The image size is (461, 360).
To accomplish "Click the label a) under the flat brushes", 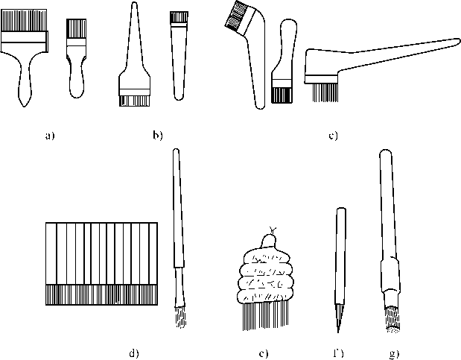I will pyautogui.click(x=50, y=136).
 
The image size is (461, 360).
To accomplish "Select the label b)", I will pyautogui.click(x=156, y=135).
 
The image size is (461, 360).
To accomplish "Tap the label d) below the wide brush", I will pyautogui.click(x=134, y=351).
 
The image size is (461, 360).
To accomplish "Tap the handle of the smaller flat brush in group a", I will pyautogui.click(x=75, y=75).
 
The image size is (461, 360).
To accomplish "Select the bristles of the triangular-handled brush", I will pyautogui.click(x=133, y=98).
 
